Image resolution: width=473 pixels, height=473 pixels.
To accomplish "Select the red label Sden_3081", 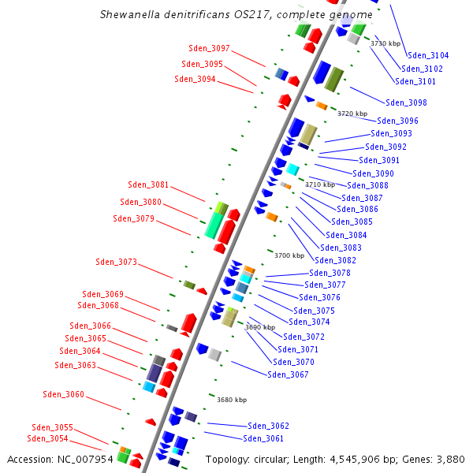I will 148,184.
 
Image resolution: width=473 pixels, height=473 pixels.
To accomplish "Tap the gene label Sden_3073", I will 116,262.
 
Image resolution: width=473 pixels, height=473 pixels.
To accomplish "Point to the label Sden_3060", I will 63,394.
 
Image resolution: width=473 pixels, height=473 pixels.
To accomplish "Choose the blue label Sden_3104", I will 428,55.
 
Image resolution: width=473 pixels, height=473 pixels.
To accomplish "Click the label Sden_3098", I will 406,102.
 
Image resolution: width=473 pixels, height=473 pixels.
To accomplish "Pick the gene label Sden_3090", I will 373,173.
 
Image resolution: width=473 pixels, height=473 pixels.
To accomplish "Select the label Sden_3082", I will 335,260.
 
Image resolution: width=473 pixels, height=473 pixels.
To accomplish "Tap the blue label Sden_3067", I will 288,374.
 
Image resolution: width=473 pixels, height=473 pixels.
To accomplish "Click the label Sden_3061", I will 263,438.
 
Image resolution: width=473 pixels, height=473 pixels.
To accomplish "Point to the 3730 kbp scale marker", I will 385,43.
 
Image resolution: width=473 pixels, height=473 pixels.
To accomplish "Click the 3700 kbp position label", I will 289,255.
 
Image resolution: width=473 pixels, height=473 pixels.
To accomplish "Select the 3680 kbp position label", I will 231,400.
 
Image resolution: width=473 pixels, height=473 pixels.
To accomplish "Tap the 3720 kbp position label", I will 352,114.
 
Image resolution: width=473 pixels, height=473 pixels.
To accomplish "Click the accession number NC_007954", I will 82,459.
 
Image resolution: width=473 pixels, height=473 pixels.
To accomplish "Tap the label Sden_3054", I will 47,438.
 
